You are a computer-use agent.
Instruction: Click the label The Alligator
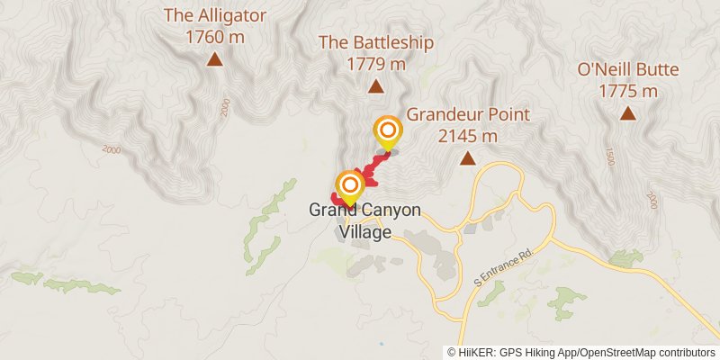click(214, 15)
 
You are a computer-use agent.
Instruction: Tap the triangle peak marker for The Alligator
click(214, 60)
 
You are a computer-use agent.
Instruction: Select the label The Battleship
click(376, 42)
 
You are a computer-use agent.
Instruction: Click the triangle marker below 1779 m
click(375, 87)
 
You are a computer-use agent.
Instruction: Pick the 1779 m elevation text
click(376, 64)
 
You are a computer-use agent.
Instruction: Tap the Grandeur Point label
click(468, 114)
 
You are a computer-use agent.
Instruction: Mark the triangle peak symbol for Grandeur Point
click(468, 159)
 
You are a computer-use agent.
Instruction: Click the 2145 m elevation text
click(468, 136)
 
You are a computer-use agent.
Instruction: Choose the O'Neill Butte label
click(627, 69)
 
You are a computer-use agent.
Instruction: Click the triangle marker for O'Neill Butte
click(627, 114)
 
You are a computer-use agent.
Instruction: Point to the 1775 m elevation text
click(627, 91)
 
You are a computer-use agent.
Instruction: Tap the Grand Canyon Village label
click(364, 220)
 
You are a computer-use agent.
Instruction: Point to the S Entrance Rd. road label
click(504, 269)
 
